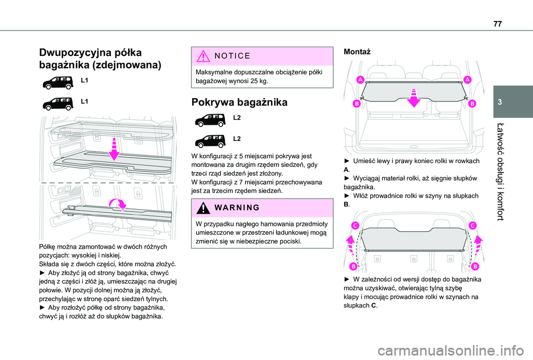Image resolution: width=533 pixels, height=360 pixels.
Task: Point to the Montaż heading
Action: (358, 50)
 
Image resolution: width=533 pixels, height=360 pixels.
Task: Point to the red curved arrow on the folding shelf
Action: (118, 205)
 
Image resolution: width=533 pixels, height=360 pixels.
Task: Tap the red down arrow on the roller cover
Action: (414, 98)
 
